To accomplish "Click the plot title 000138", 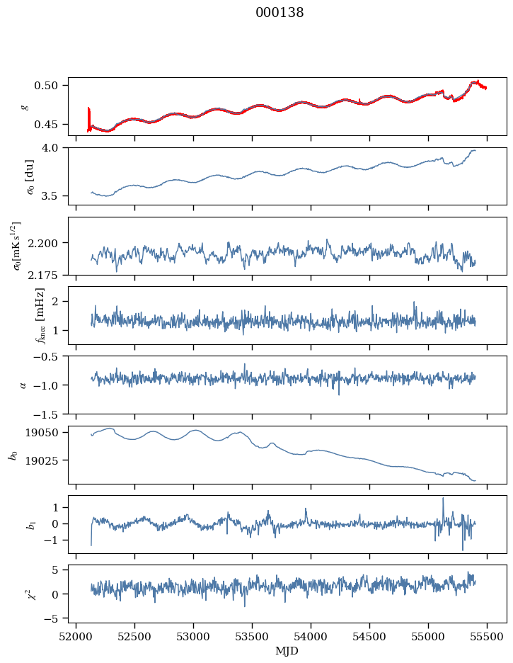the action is click(279, 13).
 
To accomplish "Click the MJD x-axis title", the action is click(287, 650).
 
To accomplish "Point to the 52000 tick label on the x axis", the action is click(76, 637).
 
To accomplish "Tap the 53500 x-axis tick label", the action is click(252, 637).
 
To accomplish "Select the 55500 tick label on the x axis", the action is click(487, 637).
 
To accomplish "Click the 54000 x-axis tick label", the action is click(311, 637).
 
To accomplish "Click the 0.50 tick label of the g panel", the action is click(45, 86).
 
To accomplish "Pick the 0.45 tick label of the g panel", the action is click(45, 125).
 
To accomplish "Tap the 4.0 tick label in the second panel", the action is click(49, 147).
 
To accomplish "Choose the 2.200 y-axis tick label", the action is click(42, 243).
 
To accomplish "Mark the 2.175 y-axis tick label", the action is click(42, 276).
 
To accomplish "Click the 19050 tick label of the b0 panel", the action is click(41, 433).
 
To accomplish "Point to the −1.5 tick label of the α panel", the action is click(45, 414).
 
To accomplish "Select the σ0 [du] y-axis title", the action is click(30, 176).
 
